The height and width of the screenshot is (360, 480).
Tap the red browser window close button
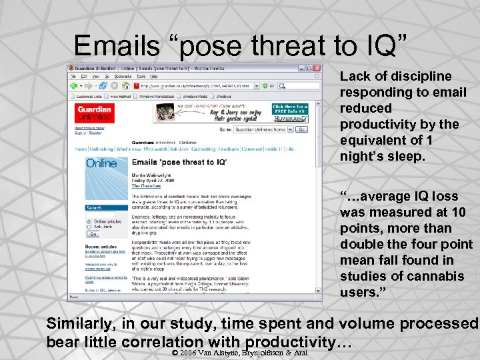tap(317, 67)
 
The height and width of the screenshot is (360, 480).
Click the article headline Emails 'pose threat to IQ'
tap(179, 163)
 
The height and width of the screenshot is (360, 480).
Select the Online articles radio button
tap(89, 221)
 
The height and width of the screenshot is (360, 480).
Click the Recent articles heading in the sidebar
tap(101, 246)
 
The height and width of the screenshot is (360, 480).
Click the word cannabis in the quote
tap(421, 276)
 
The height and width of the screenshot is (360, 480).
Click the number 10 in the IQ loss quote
tap(459, 212)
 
